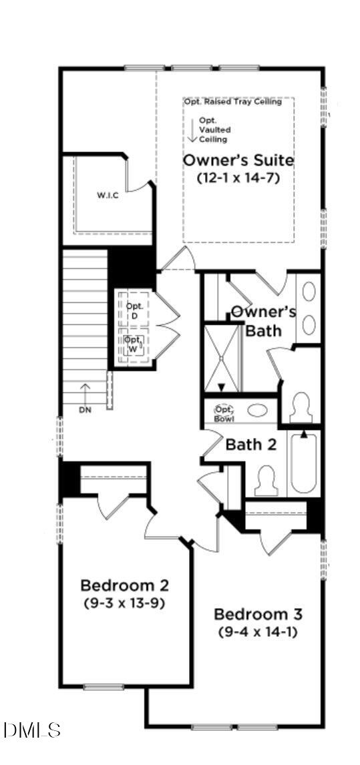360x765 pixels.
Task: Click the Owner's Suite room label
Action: pyautogui.click(x=238, y=161)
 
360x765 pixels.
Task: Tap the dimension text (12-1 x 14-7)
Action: pyautogui.click(x=238, y=178)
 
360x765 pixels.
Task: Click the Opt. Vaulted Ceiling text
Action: pyautogui.click(x=214, y=130)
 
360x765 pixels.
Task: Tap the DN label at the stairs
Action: pyautogui.click(x=85, y=409)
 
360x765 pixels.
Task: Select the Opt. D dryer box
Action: pyautogui.click(x=134, y=310)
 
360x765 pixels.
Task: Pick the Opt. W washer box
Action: pyautogui.click(x=134, y=343)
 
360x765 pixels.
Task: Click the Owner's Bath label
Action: pyautogui.click(x=263, y=320)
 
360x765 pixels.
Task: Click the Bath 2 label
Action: pyautogui.click(x=250, y=444)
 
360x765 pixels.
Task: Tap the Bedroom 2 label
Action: pyautogui.click(x=124, y=585)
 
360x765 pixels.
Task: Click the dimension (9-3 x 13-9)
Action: pyautogui.click(x=124, y=603)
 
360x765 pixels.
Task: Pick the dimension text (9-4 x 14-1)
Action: pyautogui.click(x=258, y=631)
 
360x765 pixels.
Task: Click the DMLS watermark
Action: pyautogui.click(x=32, y=730)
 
